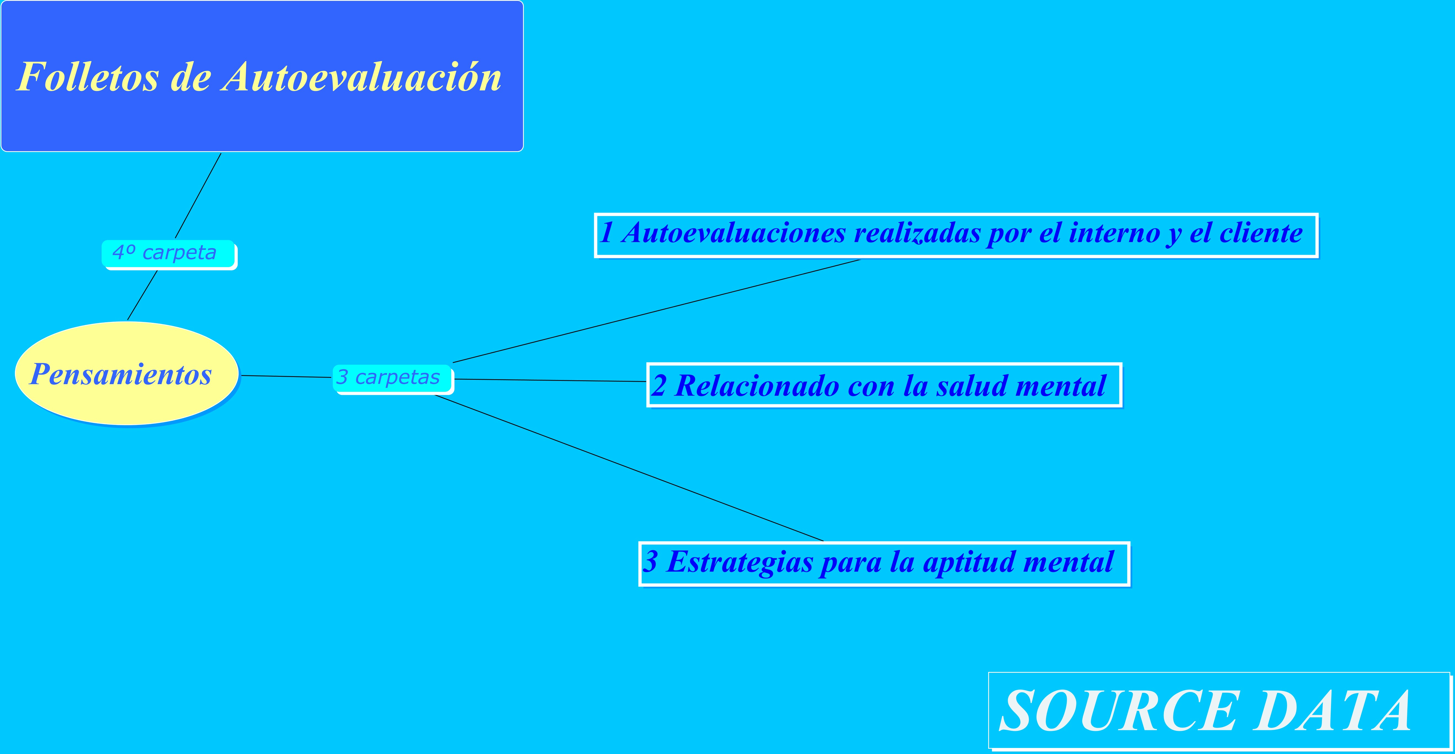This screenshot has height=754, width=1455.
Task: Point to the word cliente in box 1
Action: point(1261,233)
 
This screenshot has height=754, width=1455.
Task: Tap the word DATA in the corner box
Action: point(1334,711)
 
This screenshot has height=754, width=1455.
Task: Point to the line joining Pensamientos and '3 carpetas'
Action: point(286,376)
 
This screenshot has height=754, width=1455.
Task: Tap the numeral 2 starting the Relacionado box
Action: point(659,386)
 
